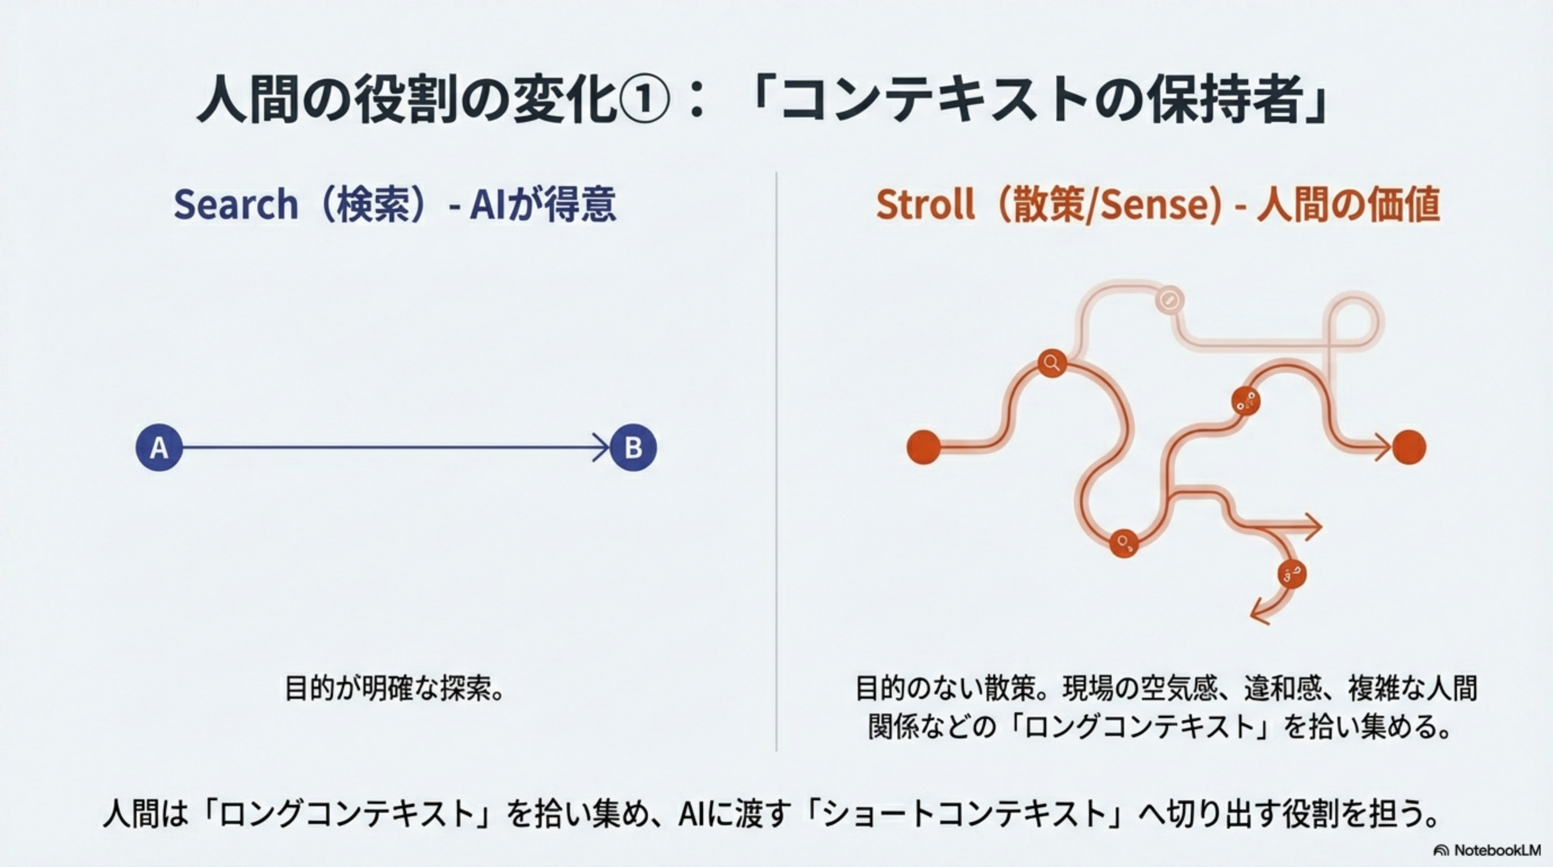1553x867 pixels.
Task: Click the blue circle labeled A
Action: [159, 448]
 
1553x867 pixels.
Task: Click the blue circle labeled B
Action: [633, 448]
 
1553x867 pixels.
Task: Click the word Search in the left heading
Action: [236, 204]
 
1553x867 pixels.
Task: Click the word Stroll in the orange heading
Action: [925, 204]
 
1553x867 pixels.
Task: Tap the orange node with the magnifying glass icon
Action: [1052, 363]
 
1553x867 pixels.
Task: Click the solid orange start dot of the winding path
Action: [924, 448]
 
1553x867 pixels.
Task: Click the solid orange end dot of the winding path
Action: [1409, 448]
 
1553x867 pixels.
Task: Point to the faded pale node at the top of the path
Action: [1170, 300]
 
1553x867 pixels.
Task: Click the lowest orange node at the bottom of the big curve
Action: [1124, 542]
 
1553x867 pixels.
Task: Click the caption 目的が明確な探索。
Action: [394, 688]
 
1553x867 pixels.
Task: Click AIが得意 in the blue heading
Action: [542, 204]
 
